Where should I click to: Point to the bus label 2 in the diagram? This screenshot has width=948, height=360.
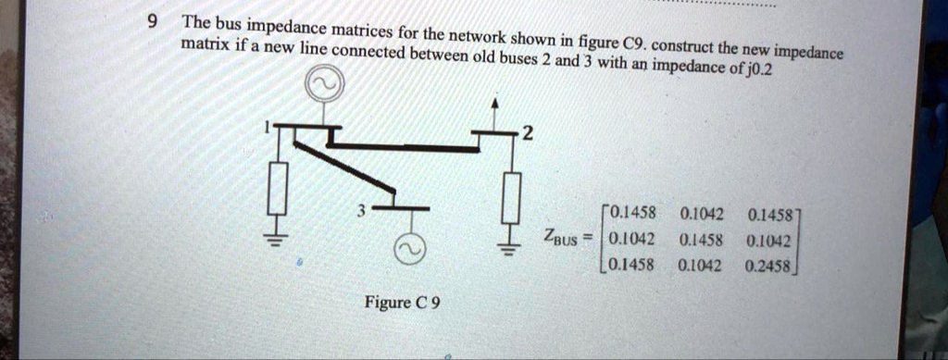(x=527, y=135)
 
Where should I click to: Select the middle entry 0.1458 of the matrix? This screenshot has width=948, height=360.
(x=699, y=240)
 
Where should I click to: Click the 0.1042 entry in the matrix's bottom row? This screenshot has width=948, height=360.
(x=699, y=265)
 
